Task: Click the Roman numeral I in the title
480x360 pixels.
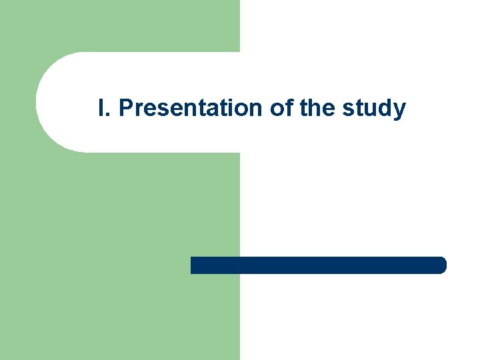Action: pyautogui.click(x=101, y=108)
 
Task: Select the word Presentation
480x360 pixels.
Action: pyautogui.click(x=191, y=108)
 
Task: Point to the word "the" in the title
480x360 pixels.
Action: pyautogui.click(x=319, y=108)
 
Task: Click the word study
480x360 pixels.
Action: pyautogui.click(x=374, y=109)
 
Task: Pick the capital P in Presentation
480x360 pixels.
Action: pyautogui.click(x=125, y=108)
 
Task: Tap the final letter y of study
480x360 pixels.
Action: pyautogui.click(x=399, y=111)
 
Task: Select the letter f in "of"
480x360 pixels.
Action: pyautogui.click(x=290, y=107)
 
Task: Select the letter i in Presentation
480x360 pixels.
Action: pyautogui.click(x=233, y=108)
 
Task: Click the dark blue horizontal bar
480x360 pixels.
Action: pyautogui.click(x=318, y=265)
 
